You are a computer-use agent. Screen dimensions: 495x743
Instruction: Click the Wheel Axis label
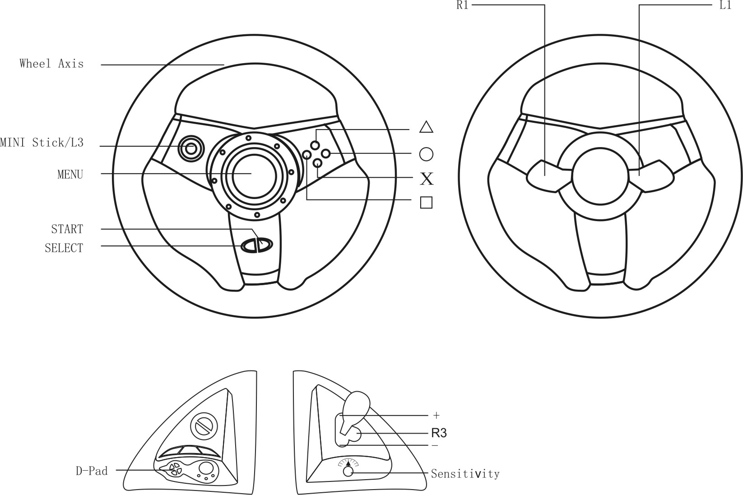coord(51,64)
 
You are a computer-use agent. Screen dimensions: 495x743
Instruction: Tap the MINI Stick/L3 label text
coord(42,143)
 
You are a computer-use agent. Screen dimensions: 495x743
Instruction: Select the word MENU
coord(70,174)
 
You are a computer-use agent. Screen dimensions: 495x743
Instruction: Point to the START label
coord(67,229)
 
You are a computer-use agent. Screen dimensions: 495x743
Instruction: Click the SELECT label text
coord(64,248)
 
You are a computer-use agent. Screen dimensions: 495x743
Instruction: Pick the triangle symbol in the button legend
coord(426,127)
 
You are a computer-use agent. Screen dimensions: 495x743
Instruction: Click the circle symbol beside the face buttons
coord(426,154)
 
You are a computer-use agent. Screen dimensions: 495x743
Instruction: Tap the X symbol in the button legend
coord(427,179)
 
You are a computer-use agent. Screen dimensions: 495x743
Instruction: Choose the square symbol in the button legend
coord(426,203)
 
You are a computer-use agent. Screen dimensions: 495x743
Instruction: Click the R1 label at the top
coord(463,5)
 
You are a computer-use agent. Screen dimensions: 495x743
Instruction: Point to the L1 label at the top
coord(725,5)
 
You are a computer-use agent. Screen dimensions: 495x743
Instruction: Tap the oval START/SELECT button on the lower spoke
coord(257,245)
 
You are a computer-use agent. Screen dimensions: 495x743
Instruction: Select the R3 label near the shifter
coord(439,433)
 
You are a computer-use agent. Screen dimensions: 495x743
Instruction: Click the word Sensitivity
coord(465,474)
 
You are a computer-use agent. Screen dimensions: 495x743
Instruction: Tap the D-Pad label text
coord(92,471)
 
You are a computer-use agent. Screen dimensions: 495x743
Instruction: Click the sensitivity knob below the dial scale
coord(348,472)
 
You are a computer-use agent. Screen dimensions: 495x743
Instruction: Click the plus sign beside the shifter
coord(436,415)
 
